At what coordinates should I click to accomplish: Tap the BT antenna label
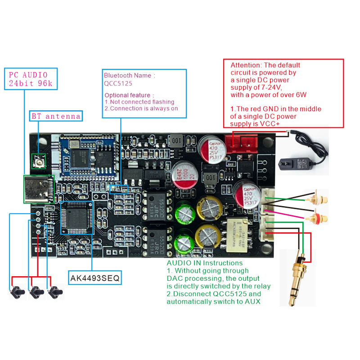56,116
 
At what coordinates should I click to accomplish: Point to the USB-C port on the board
39,189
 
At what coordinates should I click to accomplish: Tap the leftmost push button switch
18,292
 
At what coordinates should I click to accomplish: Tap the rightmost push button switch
56,292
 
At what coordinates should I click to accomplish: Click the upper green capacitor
184,211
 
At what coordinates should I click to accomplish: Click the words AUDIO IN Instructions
205,263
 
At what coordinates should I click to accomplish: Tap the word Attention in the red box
246,65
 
